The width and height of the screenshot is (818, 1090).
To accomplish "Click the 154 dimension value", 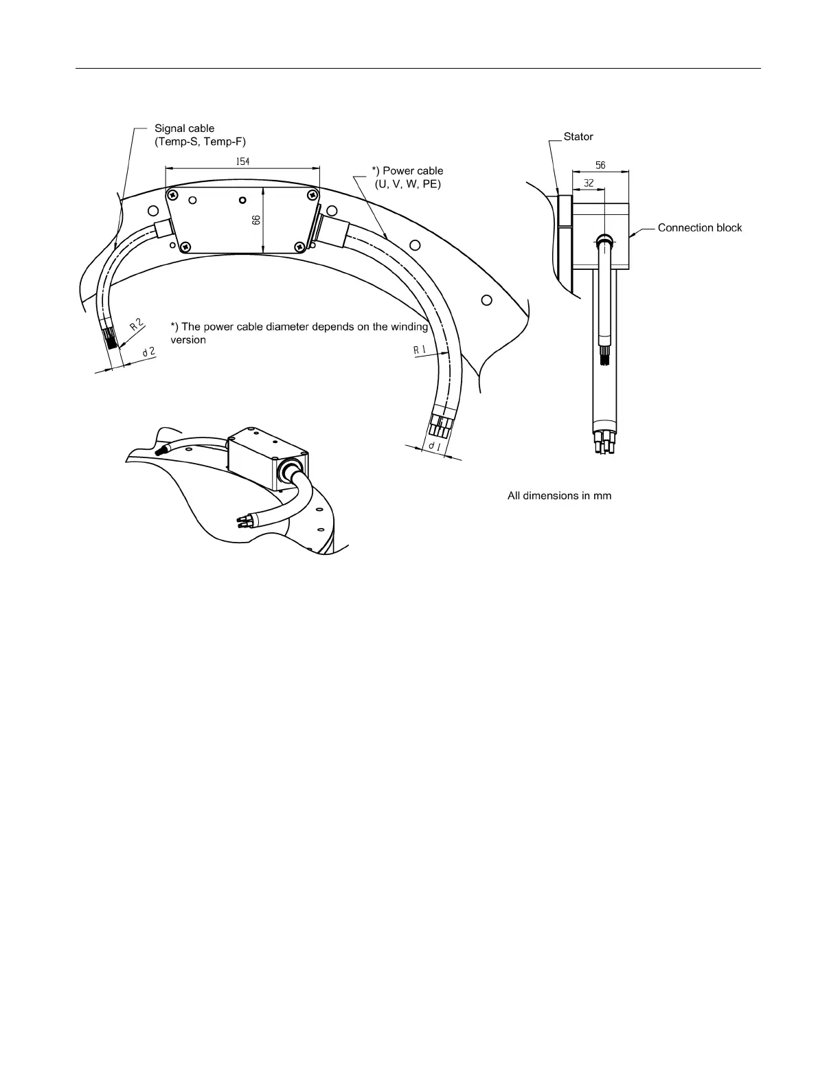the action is click(242, 161).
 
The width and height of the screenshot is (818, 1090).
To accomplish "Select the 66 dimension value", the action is click(256, 220).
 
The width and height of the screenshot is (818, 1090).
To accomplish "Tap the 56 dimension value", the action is click(600, 166).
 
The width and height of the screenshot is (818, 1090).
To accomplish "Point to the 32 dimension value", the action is click(589, 183).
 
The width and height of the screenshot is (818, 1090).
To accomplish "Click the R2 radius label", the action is click(137, 325).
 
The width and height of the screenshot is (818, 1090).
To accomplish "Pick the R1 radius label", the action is click(420, 350).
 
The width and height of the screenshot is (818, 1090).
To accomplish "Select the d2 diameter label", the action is click(149, 352).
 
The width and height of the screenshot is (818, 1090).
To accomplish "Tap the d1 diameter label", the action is click(435, 446).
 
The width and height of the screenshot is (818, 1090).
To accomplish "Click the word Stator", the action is click(578, 137).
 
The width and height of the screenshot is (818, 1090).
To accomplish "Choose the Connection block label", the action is click(700, 228).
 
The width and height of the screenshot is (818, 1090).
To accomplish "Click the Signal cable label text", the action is click(185, 128).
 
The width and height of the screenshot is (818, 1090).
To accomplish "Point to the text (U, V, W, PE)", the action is click(407, 184).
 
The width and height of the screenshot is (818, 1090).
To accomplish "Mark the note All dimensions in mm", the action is click(559, 496).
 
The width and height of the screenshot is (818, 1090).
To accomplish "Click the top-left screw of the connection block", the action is click(172, 194).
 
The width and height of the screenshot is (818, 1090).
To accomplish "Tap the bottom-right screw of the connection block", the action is click(299, 247).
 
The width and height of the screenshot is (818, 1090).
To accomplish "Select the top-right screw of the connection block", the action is click(313, 194).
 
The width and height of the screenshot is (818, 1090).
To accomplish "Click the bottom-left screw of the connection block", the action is click(185, 246).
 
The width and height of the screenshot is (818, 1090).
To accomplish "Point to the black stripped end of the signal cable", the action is click(113, 340).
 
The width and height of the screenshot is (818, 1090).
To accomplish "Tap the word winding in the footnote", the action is click(409, 327).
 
